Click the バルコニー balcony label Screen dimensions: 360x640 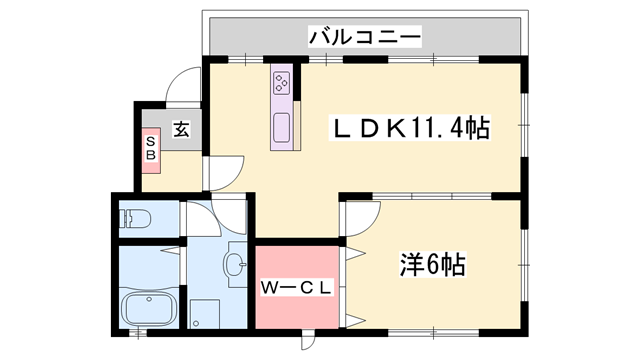364,38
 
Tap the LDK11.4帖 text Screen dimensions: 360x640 410,128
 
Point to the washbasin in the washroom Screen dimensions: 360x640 235,265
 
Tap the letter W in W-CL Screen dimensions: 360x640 271,287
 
